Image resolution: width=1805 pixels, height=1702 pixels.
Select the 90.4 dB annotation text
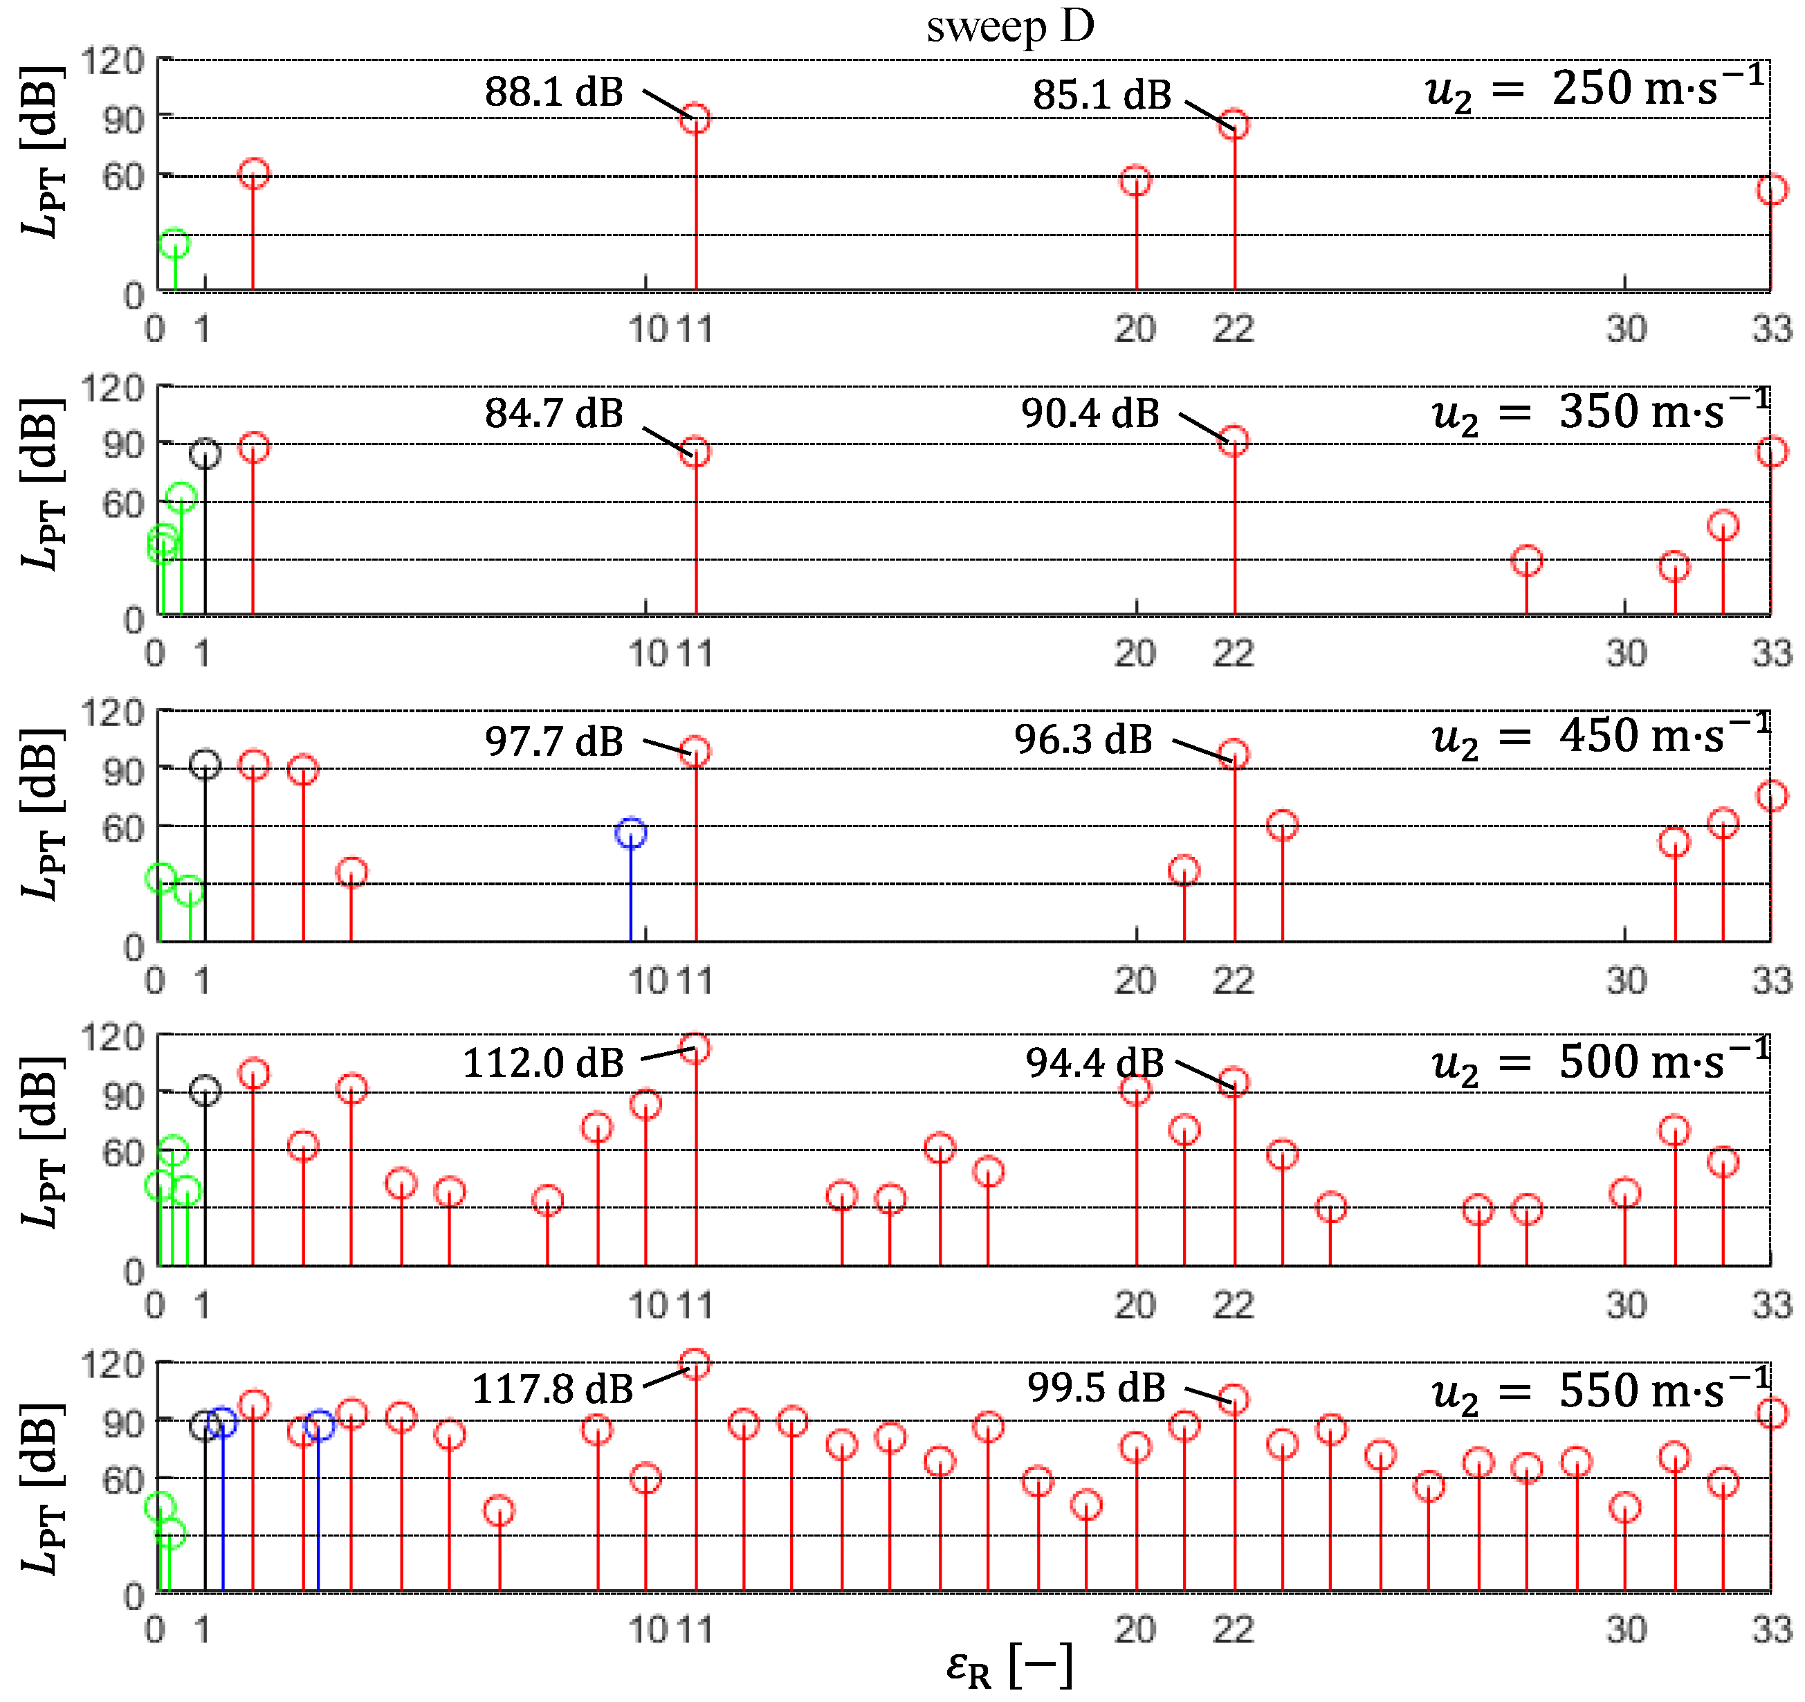pyautogui.click(x=1090, y=413)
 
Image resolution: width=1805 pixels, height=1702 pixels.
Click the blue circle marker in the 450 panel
pyautogui.click(x=631, y=833)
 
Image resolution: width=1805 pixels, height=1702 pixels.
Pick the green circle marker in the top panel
pyautogui.click(x=174, y=244)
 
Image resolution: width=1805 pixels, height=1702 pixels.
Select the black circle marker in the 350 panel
pyautogui.click(x=205, y=453)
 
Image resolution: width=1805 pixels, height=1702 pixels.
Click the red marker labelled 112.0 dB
pyautogui.click(x=695, y=1049)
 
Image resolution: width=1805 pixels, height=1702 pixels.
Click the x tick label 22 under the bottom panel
pyautogui.click(x=1233, y=1629)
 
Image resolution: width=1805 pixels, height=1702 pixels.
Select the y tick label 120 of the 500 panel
pyautogui.click(x=113, y=1036)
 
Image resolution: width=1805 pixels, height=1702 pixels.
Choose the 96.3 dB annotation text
pyautogui.click(x=1083, y=739)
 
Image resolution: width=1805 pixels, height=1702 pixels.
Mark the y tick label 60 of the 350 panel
pyautogui.click(x=123, y=504)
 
